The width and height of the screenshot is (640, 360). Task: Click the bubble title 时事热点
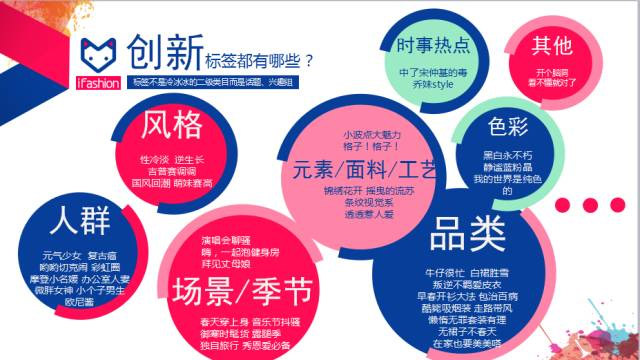[433, 47]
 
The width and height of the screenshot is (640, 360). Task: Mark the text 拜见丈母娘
[227, 265]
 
